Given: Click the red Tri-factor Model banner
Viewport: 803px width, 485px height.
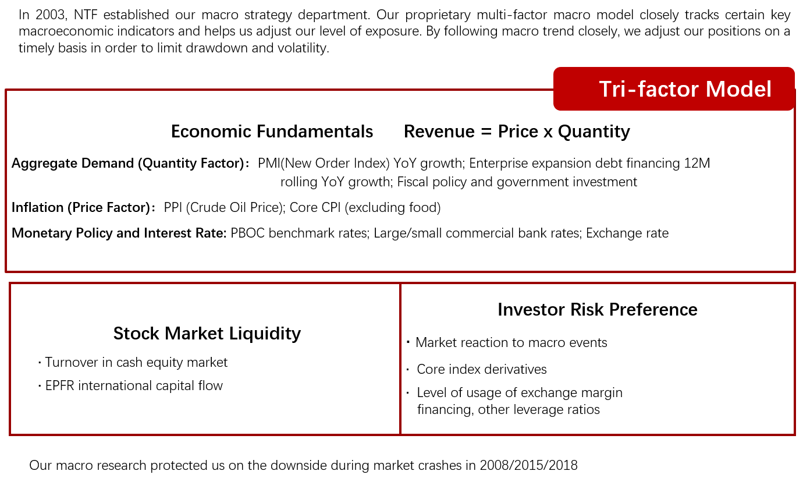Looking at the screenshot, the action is click(674, 88).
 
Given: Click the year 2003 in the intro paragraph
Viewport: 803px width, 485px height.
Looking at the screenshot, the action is click(50, 15).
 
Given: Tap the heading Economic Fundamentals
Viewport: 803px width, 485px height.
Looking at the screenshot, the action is click(272, 132).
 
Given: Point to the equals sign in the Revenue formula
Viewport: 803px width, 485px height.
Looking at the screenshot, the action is click(486, 132).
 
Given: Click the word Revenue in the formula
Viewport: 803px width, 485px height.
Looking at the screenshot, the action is click(439, 132).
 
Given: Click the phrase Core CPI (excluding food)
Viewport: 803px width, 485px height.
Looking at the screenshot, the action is click(365, 208).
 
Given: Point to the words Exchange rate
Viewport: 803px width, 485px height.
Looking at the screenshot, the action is click(627, 233).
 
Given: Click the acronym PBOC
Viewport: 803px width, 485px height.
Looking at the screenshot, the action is click(247, 233).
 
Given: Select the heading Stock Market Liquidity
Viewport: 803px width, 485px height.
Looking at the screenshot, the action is click(207, 334).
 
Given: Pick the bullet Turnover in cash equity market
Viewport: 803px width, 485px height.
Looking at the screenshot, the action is click(136, 363).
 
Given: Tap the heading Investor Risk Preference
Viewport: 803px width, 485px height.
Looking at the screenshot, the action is click(597, 310).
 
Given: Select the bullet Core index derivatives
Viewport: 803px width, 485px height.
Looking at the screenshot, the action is click(481, 370).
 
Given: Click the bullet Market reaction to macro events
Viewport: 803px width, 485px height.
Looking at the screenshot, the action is click(511, 342).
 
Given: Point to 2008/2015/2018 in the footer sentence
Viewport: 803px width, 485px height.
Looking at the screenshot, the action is click(528, 466).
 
